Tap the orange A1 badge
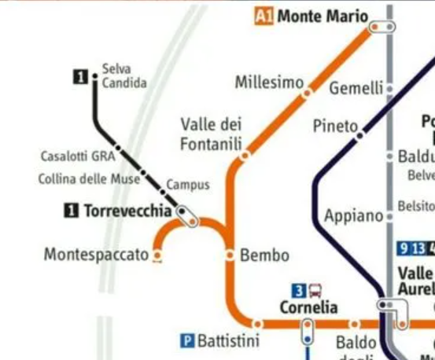click(264, 16)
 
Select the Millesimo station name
click(269, 83)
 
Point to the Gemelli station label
click(356, 88)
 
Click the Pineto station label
click(335, 126)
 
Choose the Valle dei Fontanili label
click(211, 134)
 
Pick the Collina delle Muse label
click(89, 179)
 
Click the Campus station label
click(188, 185)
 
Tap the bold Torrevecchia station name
click(127, 211)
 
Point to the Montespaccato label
click(96, 255)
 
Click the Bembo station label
click(264, 255)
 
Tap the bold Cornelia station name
click(308, 307)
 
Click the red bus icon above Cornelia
click(315, 290)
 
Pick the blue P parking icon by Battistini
click(187, 341)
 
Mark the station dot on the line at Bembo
click(230, 255)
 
